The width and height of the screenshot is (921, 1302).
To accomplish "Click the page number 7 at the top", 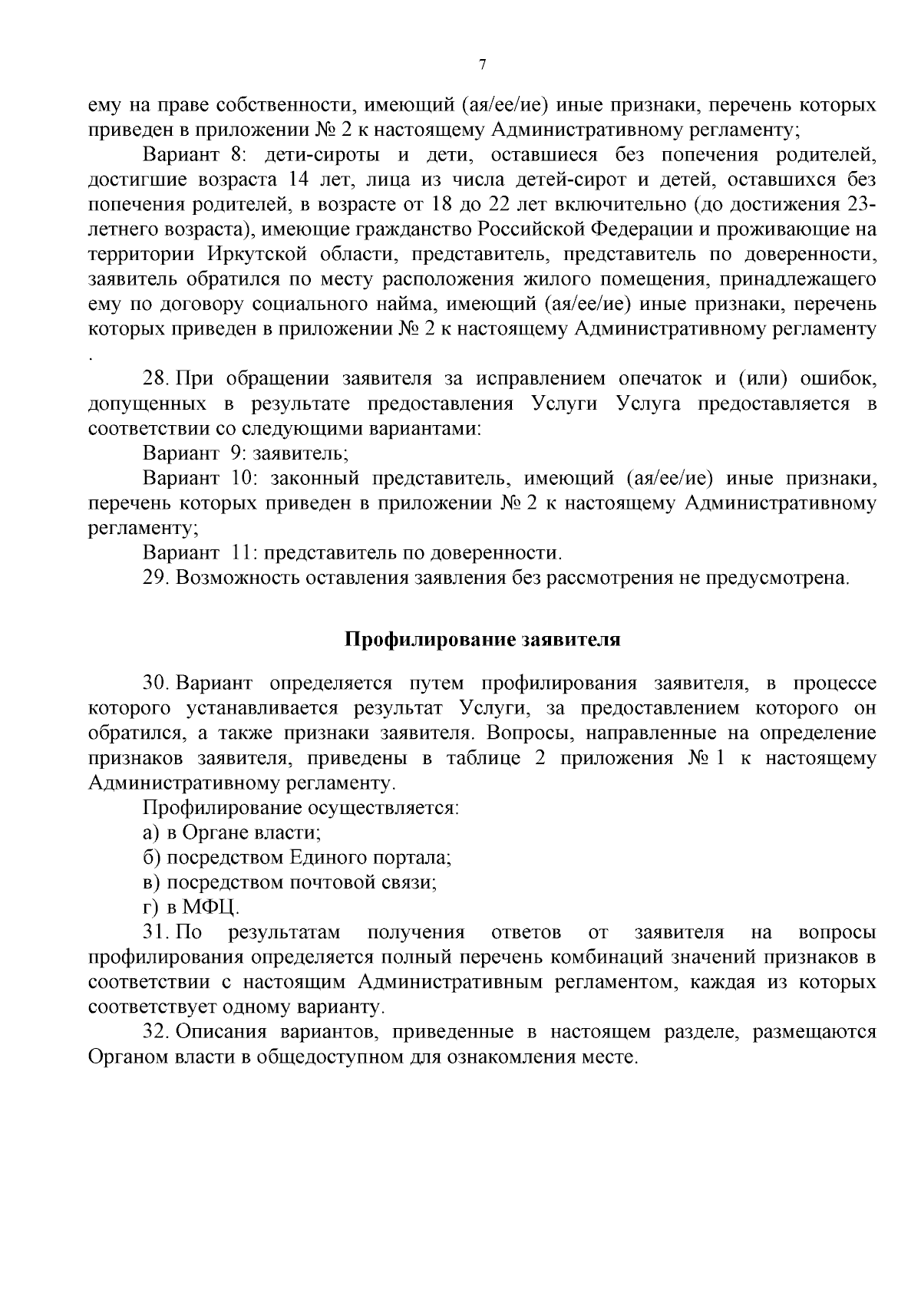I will point(483,65).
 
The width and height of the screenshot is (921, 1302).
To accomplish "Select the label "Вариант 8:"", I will point(193,156).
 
